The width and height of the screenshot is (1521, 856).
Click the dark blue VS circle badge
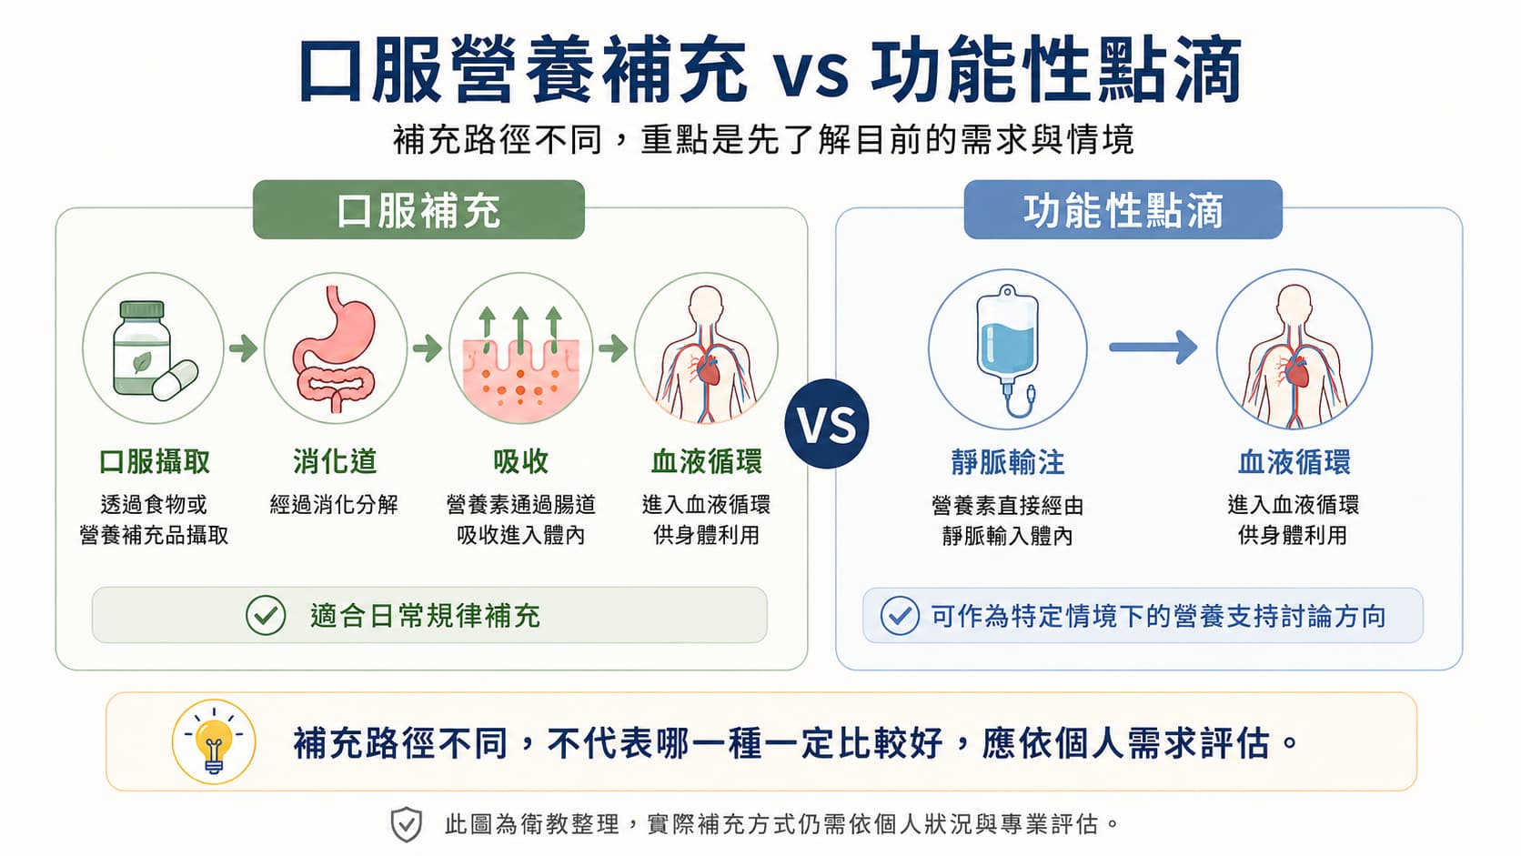click(x=826, y=424)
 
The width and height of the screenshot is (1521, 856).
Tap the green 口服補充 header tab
click(x=418, y=210)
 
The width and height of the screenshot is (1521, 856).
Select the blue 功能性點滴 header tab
click(x=1123, y=210)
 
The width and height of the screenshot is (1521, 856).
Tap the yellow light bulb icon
click(x=214, y=742)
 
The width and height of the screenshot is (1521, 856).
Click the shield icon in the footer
click(x=406, y=825)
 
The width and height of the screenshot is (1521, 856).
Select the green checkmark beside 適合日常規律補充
click(x=266, y=616)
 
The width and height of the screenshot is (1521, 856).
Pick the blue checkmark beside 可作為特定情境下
click(x=900, y=616)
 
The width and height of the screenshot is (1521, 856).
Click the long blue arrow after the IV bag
click(x=1153, y=347)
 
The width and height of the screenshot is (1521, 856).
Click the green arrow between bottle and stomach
click(x=243, y=349)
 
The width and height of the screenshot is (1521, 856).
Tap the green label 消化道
click(x=335, y=461)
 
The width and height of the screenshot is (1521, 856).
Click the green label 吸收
click(x=521, y=461)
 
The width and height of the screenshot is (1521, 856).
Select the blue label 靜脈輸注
click(x=1008, y=462)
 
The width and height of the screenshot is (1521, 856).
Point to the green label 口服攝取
click(x=154, y=461)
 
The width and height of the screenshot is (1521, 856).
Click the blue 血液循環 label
click(x=1294, y=462)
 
